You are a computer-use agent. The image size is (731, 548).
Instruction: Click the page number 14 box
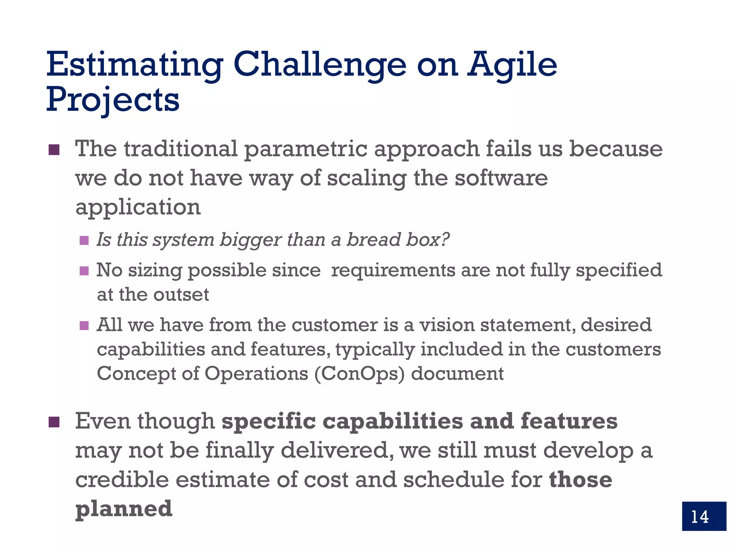pos(704,516)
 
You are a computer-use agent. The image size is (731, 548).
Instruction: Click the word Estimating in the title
pos(135,65)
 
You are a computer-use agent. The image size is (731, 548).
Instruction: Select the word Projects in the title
pos(113,100)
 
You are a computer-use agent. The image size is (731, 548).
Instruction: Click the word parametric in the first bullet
pos(306,149)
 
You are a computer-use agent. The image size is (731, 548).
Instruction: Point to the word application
pos(138,207)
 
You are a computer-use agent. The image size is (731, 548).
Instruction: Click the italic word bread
pos(373,239)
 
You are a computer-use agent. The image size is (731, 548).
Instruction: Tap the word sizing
pos(155,270)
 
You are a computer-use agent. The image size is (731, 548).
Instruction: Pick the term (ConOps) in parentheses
pos(359,374)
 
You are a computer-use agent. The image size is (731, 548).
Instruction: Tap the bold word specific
pos(268,422)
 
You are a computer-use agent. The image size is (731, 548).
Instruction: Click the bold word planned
pos(124,509)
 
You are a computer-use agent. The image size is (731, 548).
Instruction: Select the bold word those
pos(580,479)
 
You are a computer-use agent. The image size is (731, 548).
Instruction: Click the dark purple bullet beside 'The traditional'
pos(54,150)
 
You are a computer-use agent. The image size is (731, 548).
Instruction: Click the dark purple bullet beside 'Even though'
pos(54,422)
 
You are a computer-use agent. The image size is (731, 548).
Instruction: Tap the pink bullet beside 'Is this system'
pos(84,240)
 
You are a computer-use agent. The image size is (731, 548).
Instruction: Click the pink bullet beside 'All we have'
pos(84,325)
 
